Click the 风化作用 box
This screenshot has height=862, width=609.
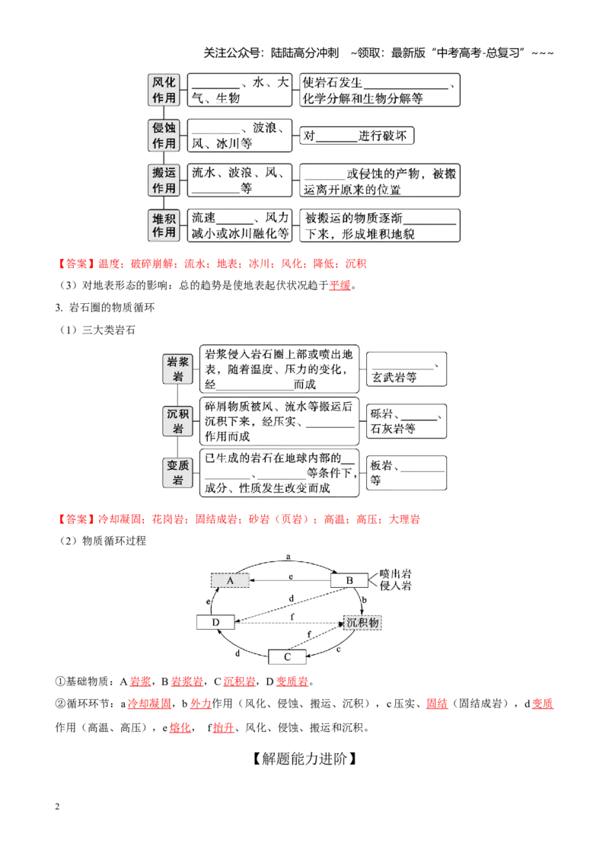[x=164, y=90]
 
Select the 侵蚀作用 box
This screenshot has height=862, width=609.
[x=164, y=136]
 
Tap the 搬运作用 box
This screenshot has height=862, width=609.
[x=164, y=180]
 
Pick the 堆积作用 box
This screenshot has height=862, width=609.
[x=164, y=225]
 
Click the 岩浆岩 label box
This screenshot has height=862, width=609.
[x=178, y=369]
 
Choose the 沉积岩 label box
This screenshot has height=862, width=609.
[x=178, y=421]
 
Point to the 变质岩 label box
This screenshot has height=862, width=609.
[x=178, y=473]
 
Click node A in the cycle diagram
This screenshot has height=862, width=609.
[x=231, y=580]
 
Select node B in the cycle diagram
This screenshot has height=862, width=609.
[x=349, y=580]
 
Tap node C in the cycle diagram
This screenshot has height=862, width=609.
[x=287, y=657]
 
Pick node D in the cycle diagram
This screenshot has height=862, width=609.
[x=215, y=622]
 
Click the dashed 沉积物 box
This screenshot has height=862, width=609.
[x=362, y=622]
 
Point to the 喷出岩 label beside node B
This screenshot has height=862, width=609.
[x=395, y=574]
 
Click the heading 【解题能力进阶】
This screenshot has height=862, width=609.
[x=304, y=758]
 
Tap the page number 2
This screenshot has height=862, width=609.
[x=57, y=806]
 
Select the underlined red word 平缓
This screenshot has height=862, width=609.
[x=340, y=286]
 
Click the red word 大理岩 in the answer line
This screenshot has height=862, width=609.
[x=404, y=519]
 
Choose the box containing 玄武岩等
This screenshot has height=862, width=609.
[x=407, y=369]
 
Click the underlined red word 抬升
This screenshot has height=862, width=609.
[x=223, y=728]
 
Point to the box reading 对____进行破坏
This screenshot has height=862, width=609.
[x=357, y=136]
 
